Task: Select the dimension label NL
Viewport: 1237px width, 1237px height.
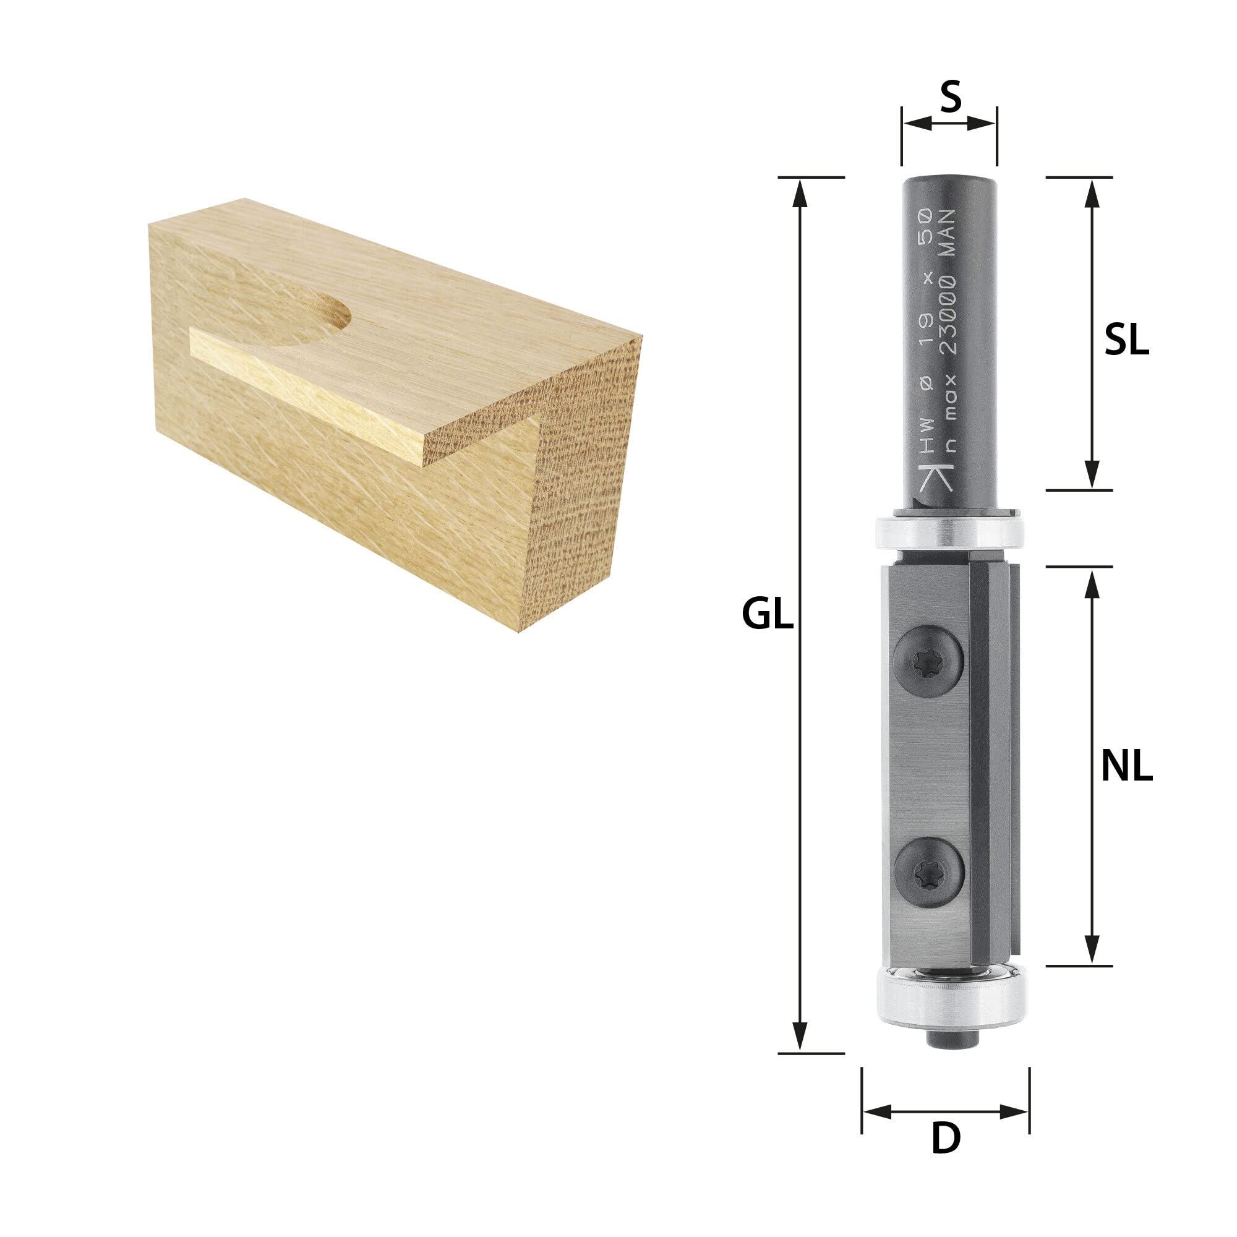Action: click(1127, 766)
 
